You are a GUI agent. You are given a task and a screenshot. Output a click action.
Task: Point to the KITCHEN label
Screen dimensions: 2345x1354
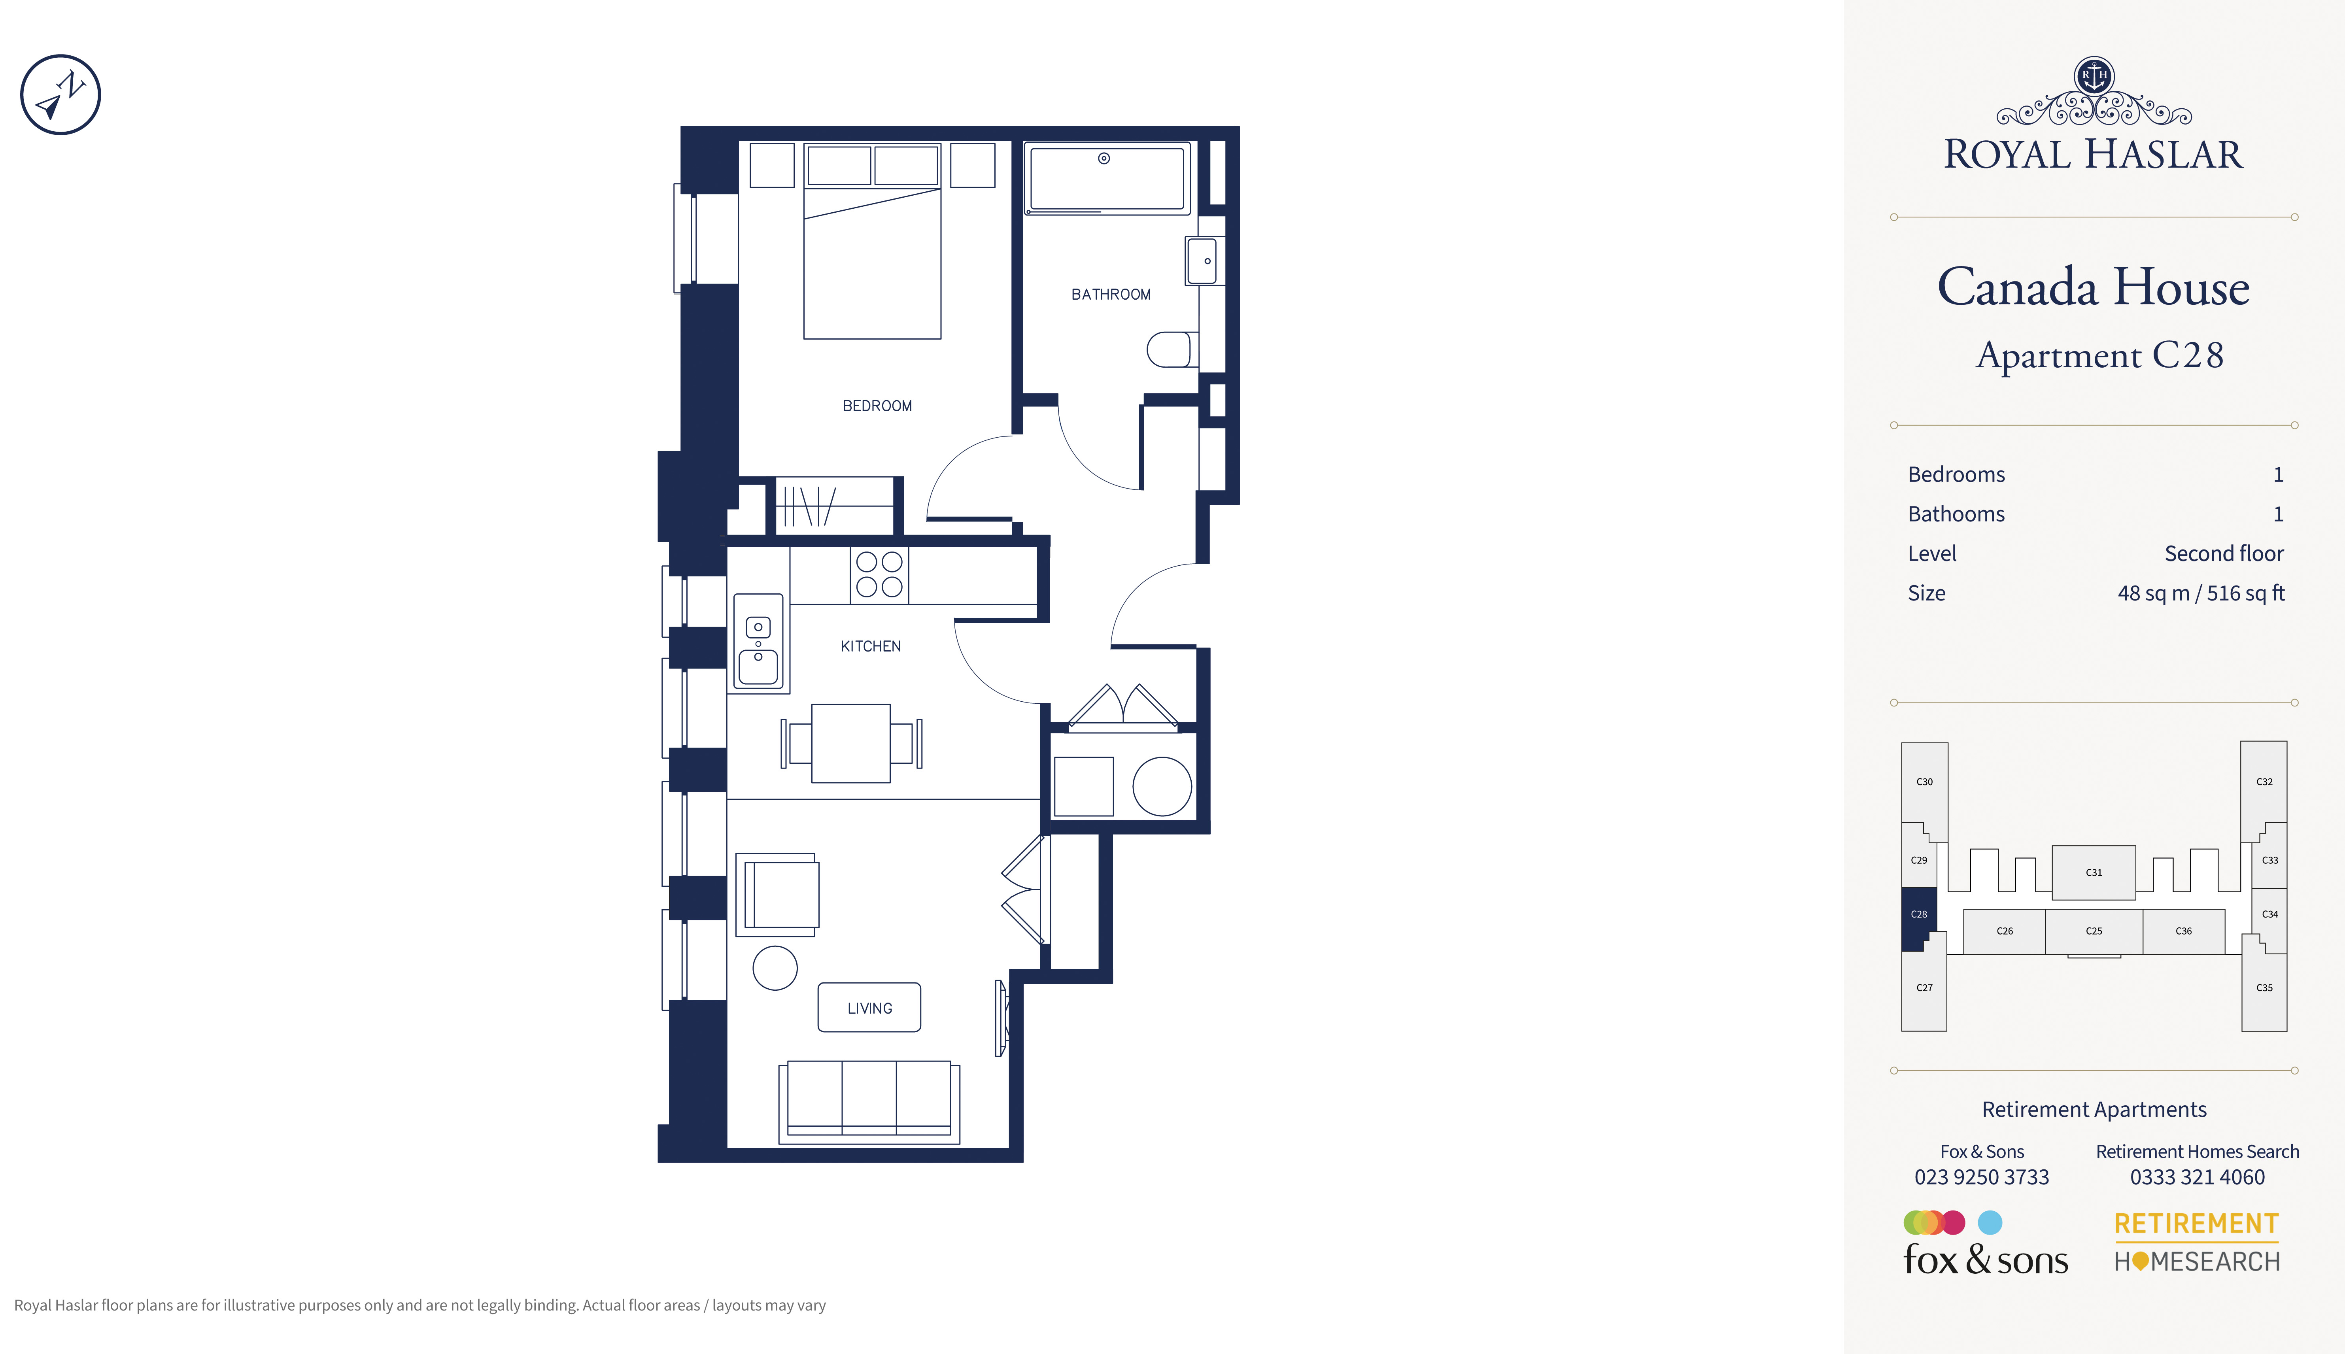tap(870, 646)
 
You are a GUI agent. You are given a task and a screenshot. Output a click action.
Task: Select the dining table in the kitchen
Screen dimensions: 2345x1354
tap(851, 743)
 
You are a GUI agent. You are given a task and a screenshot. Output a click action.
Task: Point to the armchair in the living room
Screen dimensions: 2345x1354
tap(777, 895)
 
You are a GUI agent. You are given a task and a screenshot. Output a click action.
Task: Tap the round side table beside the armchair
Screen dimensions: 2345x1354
tap(775, 968)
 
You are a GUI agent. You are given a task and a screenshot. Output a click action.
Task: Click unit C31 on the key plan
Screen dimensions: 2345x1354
tap(2093, 872)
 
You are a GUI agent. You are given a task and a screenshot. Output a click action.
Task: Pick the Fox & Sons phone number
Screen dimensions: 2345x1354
tap(1981, 1177)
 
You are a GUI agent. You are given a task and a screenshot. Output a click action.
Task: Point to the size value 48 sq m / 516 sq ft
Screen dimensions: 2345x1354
tap(2200, 593)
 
